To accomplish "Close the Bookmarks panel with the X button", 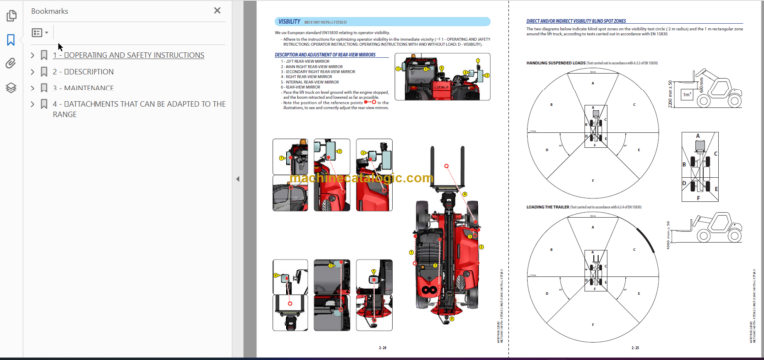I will (218, 10).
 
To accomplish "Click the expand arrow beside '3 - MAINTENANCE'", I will (33, 88).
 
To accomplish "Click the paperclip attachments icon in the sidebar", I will (11, 63).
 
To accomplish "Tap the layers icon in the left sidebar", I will (11, 87).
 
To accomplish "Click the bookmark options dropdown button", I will (40, 33).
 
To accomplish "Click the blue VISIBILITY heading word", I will (290, 21).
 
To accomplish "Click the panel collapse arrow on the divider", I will (237, 179).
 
